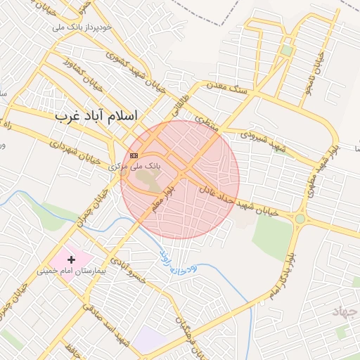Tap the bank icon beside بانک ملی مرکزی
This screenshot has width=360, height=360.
pyautogui.click(x=134, y=155)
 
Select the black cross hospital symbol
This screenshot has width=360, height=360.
pyautogui.click(x=71, y=259)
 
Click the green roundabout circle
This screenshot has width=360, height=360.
pyautogui.click(x=300, y=219)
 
